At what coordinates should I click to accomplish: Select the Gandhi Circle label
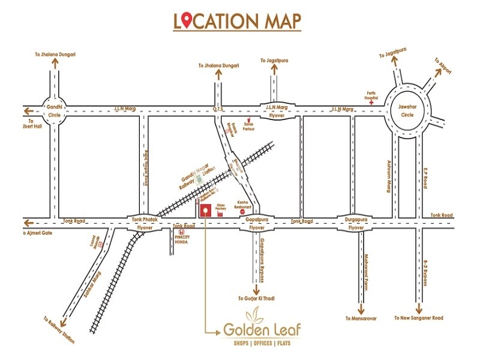coord(55,110)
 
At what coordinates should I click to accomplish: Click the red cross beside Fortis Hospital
coord(372,103)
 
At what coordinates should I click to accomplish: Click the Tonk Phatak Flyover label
coord(145,224)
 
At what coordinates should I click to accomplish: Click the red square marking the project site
coord(205,211)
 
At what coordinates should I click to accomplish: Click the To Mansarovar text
coord(361,318)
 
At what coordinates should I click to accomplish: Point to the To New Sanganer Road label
coord(418,318)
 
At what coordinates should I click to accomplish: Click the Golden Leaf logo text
coord(262,329)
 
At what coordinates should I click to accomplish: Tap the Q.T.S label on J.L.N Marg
coord(219,109)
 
